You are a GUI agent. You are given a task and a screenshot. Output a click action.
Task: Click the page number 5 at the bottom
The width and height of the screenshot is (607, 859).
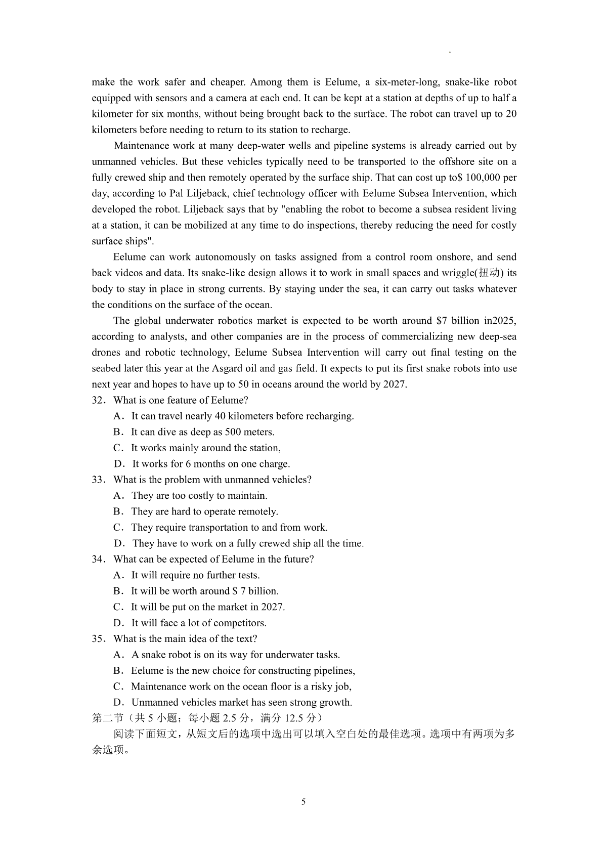(303, 802)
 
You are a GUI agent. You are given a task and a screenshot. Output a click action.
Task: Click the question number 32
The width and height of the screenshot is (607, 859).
(98, 400)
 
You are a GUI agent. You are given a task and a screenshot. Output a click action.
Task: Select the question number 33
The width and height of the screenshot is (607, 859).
(98, 480)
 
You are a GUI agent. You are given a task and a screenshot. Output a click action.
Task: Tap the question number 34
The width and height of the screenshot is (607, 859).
(98, 559)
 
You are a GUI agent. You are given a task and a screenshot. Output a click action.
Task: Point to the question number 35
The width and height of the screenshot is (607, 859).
(98, 638)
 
